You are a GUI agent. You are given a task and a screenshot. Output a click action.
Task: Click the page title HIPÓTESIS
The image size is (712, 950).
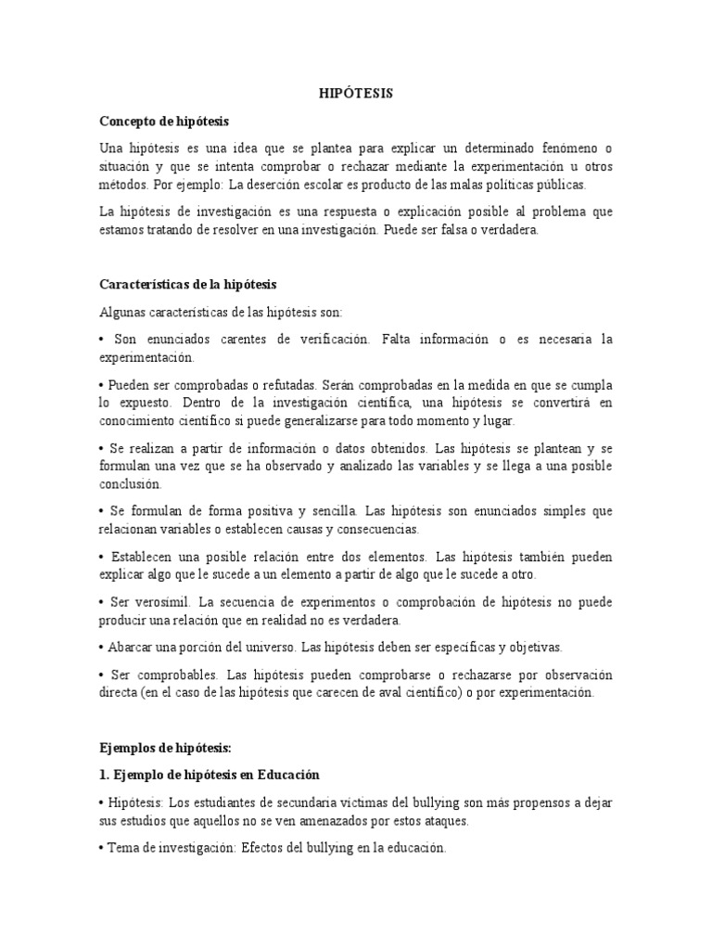(x=356, y=94)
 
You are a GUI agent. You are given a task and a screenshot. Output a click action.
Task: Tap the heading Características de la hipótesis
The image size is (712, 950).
(x=188, y=284)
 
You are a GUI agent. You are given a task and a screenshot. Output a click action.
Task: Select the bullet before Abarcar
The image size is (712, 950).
(x=100, y=647)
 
